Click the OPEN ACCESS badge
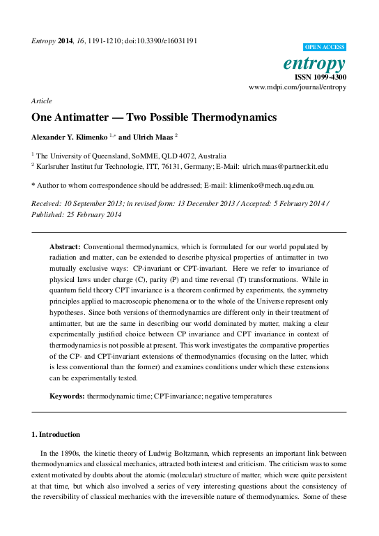pyautogui.click(x=325, y=47)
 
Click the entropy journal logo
pyautogui.click(x=315, y=63)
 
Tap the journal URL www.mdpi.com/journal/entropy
pyautogui.click(x=297, y=88)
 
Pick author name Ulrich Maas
pyautogui.click(x=155, y=137)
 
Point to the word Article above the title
pyautogui.click(x=42, y=101)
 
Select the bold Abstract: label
pyautogui.click(x=65, y=247)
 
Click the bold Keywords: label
pyautogui.click(x=67, y=396)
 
